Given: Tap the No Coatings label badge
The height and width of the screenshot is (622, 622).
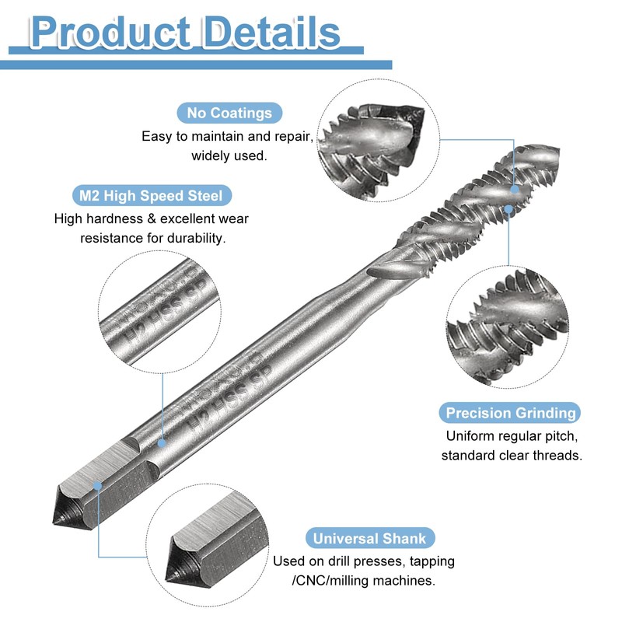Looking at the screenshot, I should coord(229,113).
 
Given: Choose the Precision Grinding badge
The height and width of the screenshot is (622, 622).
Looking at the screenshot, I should coord(510,413).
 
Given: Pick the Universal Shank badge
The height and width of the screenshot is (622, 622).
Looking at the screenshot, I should coord(369,539).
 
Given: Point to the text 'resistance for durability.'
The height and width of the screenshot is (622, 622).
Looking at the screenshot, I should coord(153,238).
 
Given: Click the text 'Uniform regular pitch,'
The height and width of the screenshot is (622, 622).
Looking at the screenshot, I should coord(511,435).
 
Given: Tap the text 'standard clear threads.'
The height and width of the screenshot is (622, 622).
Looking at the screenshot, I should coord(511,456).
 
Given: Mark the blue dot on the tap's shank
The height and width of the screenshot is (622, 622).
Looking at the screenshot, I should coord(162,442).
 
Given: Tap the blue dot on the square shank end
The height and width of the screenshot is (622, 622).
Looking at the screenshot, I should coord(98,486).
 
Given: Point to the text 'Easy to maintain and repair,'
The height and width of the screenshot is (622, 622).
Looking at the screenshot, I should coord(228,136).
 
